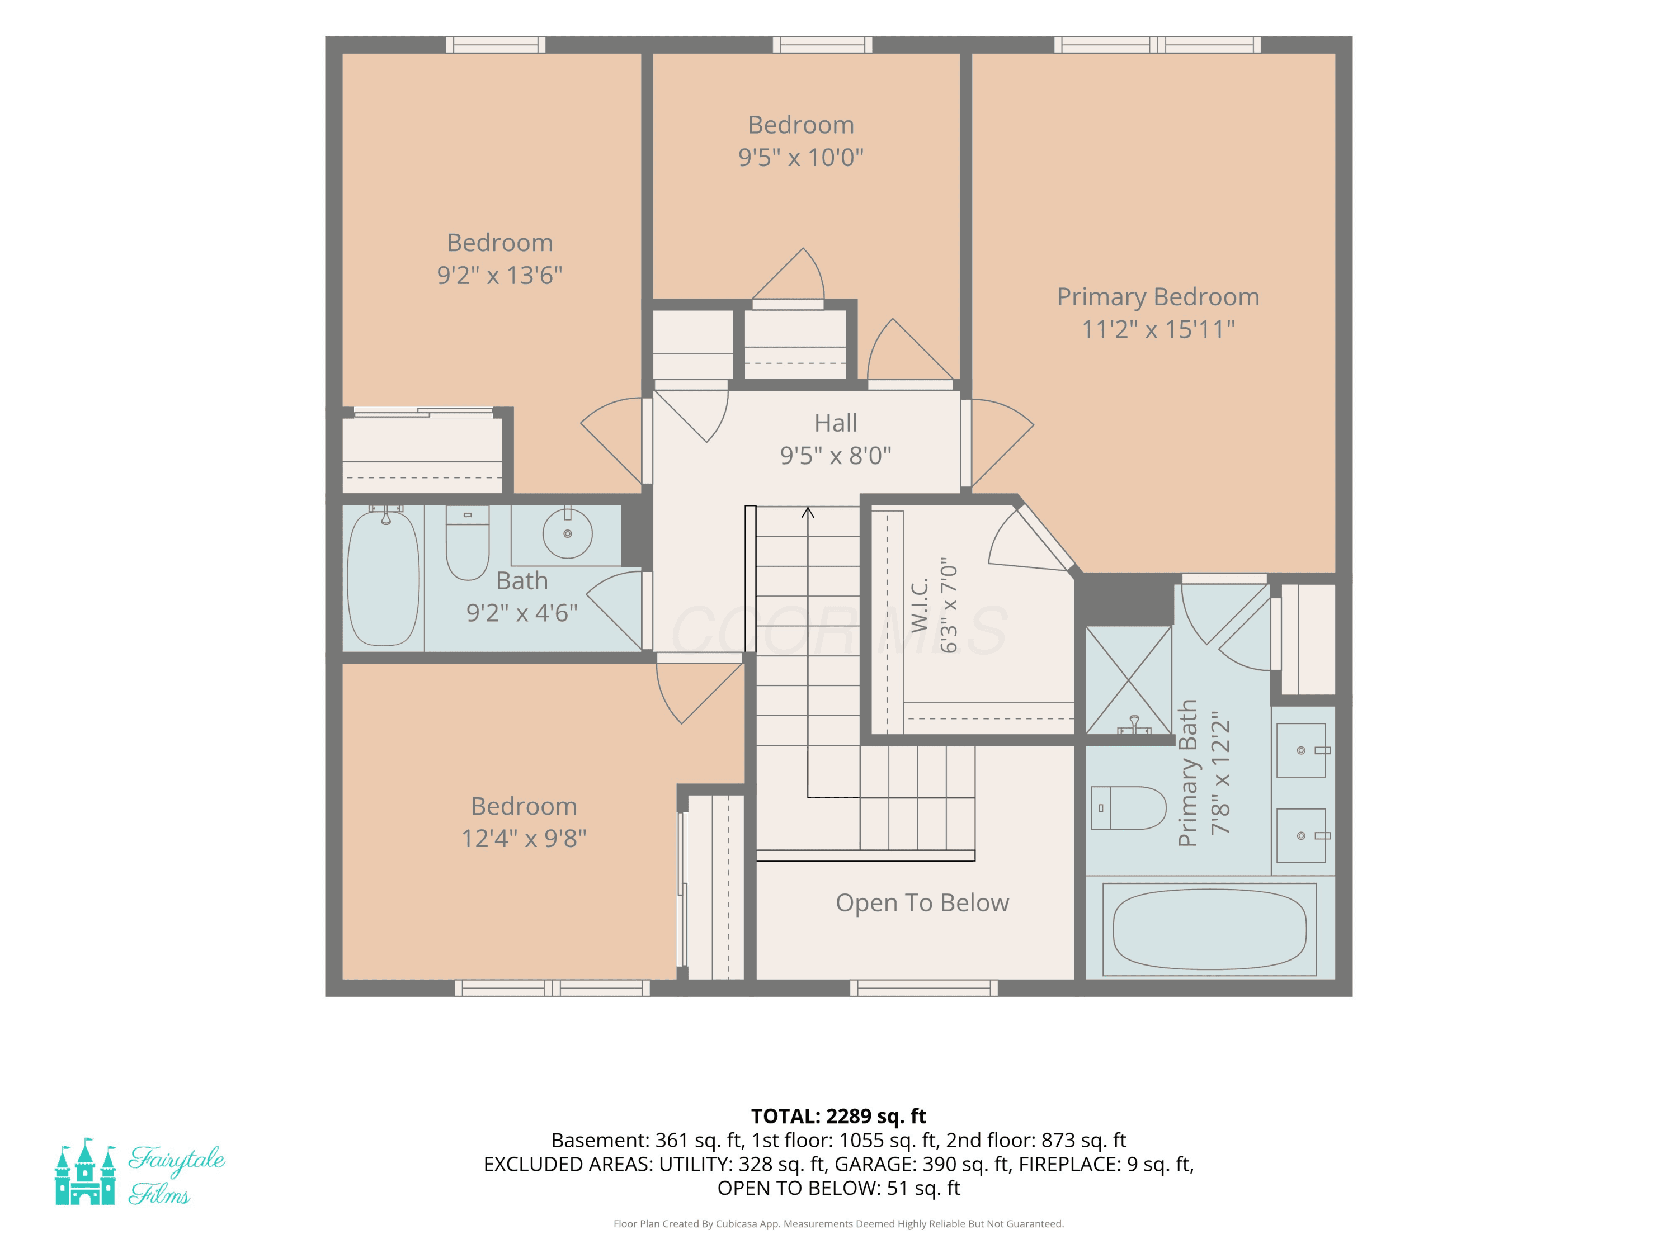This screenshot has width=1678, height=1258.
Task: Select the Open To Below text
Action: click(922, 902)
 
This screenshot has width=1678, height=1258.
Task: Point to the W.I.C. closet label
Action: click(920, 605)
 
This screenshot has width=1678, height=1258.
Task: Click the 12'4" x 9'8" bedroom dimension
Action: click(524, 838)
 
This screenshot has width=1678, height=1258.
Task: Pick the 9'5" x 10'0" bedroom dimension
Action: click(800, 157)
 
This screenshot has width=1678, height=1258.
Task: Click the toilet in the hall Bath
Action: click(467, 542)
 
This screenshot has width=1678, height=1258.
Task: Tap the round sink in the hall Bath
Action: click(567, 532)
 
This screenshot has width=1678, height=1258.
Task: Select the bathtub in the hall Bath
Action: click(383, 578)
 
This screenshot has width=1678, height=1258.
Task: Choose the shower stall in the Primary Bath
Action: click(1129, 680)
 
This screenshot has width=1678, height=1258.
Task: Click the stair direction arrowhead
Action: click(808, 513)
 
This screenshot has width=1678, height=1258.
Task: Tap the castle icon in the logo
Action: click(85, 1171)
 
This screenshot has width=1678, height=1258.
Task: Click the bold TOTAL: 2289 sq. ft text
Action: click(838, 1116)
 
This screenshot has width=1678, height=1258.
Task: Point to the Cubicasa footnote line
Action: click(838, 1224)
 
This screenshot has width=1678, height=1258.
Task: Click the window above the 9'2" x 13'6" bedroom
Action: click(496, 45)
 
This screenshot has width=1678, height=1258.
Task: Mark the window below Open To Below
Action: click(923, 987)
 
